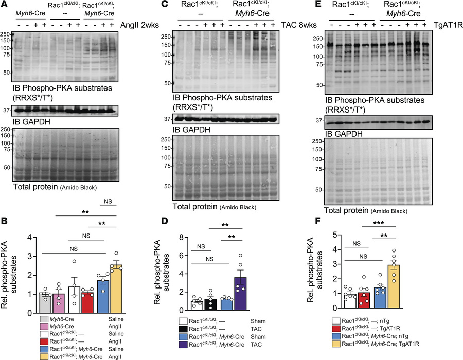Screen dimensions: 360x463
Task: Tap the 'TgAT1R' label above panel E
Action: click(x=445, y=25)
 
